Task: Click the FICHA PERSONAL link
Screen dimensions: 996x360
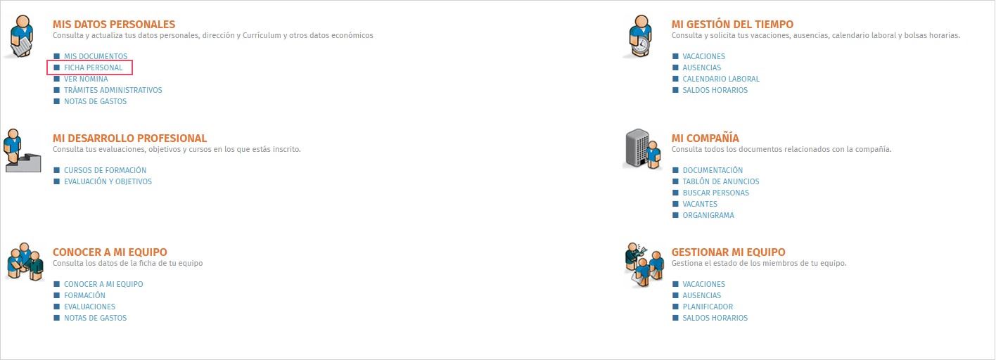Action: pos(93,67)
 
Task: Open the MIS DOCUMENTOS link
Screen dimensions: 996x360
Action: pos(96,56)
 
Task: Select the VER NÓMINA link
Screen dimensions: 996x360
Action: pos(86,79)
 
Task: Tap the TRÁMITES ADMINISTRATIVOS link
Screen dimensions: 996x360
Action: pos(113,90)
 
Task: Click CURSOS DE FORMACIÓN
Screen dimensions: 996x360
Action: pos(105,170)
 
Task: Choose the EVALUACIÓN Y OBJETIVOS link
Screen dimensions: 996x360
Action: pos(108,181)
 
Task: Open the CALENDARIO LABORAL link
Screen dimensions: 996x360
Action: pos(721,79)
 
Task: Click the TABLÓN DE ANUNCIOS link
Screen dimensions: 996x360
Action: pos(721,181)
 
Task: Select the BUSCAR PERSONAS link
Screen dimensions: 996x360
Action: pos(716,193)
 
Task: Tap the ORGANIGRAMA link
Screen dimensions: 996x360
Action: pos(708,216)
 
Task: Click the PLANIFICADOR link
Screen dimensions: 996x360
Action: pos(708,307)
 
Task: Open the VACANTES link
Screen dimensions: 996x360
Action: pos(700,204)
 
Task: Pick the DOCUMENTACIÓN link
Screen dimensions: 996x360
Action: pos(713,170)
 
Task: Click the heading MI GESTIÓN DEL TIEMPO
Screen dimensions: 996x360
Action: pos(732,25)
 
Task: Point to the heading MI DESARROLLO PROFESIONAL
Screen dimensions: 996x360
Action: pos(130,139)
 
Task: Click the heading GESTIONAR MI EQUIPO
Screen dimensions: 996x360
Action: pos(728,252)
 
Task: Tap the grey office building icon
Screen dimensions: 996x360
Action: pos(637,148)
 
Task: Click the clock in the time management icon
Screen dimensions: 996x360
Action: pos(641,45)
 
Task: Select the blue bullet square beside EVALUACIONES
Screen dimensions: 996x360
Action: pos(56,307)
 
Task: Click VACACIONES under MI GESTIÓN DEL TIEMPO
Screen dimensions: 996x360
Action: pos(704,56)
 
